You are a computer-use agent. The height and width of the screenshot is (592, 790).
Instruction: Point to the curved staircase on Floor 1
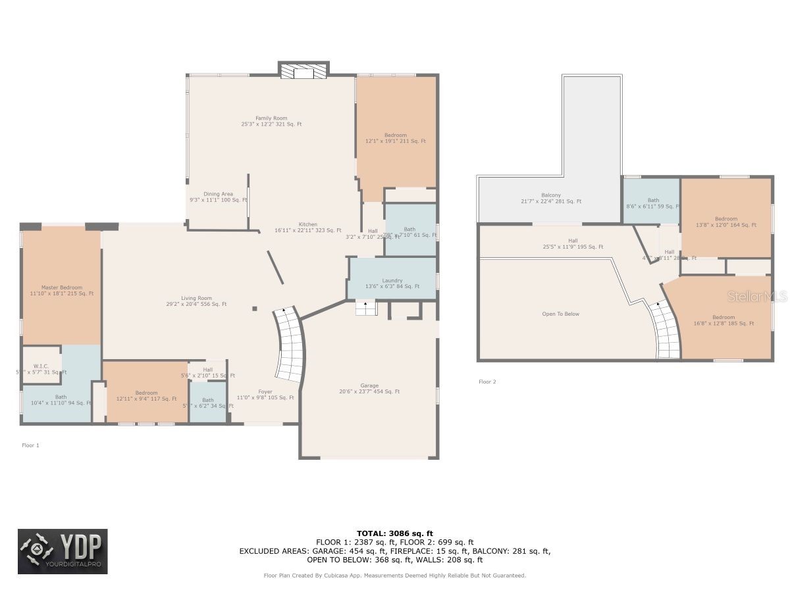click(x=288, y=345)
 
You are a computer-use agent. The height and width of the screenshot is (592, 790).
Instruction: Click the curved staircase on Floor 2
click(x=666, y=332)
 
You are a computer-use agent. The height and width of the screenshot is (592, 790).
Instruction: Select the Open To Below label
click(x=560, y=314)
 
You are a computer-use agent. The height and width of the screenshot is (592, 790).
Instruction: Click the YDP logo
click(x=63, y=551)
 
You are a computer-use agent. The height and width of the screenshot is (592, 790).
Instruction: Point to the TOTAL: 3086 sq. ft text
click(x=394, y=533)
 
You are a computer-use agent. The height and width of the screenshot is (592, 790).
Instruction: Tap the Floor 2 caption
click(x=487, y=382)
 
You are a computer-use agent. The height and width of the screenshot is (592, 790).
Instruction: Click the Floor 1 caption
click(x=31, y=445)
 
